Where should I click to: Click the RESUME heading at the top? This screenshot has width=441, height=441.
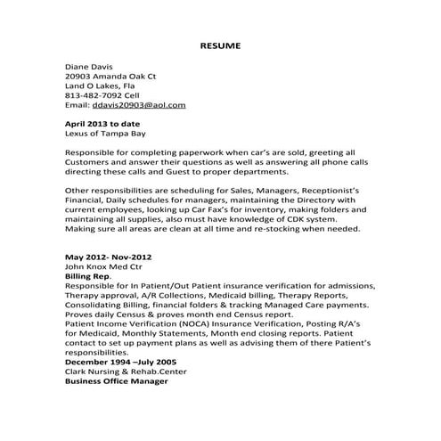click(219, 44)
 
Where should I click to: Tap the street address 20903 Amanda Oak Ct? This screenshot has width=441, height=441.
click(111, 78)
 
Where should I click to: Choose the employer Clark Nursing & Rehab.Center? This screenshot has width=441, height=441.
click(127, 374)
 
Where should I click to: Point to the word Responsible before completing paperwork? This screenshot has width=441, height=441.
click(93, 153)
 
